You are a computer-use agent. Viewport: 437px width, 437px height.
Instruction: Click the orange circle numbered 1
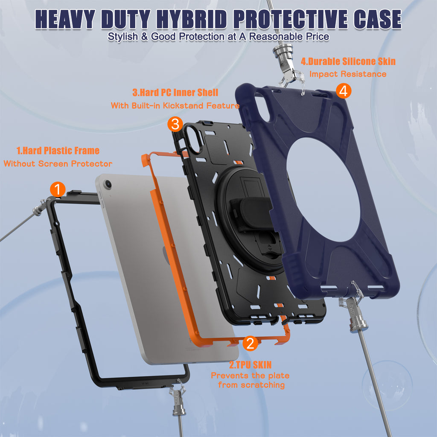click(58, 189)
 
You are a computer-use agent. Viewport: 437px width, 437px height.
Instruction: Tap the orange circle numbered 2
click(250, 343)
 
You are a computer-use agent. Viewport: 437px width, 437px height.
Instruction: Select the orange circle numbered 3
click(175, 124)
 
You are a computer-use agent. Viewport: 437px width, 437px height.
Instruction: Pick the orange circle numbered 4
click(344, 91)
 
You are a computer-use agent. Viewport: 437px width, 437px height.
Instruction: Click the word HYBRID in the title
click(192, 20)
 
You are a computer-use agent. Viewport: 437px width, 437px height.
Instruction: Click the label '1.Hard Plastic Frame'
click(58, 151)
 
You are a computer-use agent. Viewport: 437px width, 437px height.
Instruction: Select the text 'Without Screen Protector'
click(58, 163)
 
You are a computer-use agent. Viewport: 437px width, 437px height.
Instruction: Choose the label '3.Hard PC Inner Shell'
click(175, 93)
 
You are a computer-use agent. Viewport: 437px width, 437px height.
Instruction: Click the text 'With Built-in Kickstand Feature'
click(175, 106)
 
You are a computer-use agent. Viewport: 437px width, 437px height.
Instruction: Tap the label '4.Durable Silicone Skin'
click(348, 61)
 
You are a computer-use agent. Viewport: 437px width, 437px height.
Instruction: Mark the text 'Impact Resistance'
click(348, 74)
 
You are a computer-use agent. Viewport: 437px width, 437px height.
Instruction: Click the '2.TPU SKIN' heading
click(250, 365)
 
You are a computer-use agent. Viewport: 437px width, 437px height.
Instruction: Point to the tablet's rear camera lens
click(108, 184)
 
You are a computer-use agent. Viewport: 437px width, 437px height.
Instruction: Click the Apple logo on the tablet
click(166, 255)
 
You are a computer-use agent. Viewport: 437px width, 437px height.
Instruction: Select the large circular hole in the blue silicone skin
click(323, 189)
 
